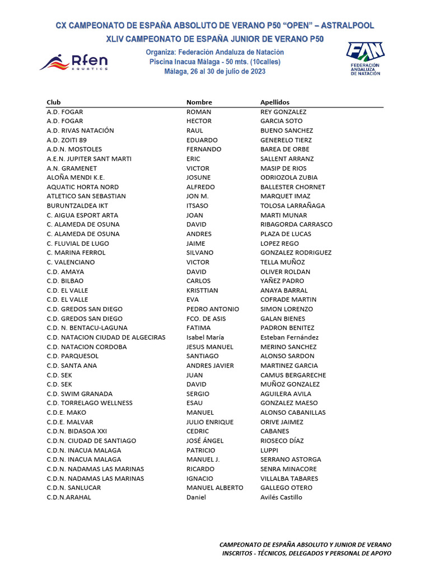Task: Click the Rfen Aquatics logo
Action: point(73,62)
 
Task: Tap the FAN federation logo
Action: point(364,58)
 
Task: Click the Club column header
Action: point(54,102)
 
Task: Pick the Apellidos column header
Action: point(275,102)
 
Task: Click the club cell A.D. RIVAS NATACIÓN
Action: point(80,130)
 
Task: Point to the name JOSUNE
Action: point(198,177)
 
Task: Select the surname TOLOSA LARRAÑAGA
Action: point(292,206)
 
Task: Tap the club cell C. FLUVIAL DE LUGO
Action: point(78,243)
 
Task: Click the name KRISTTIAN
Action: point(202,290)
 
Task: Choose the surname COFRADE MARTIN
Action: point(288,300)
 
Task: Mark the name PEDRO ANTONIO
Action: point(212,309)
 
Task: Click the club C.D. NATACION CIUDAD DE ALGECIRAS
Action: point(106,337)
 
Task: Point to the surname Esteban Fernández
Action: point(289,337)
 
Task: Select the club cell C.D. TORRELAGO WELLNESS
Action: point(90,403)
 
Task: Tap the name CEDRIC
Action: point(198,431)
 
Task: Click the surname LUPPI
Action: point(269,450)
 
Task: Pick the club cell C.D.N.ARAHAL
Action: point(69,497)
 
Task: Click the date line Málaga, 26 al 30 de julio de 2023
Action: point(215,72)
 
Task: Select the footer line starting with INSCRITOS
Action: point(307,553)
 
